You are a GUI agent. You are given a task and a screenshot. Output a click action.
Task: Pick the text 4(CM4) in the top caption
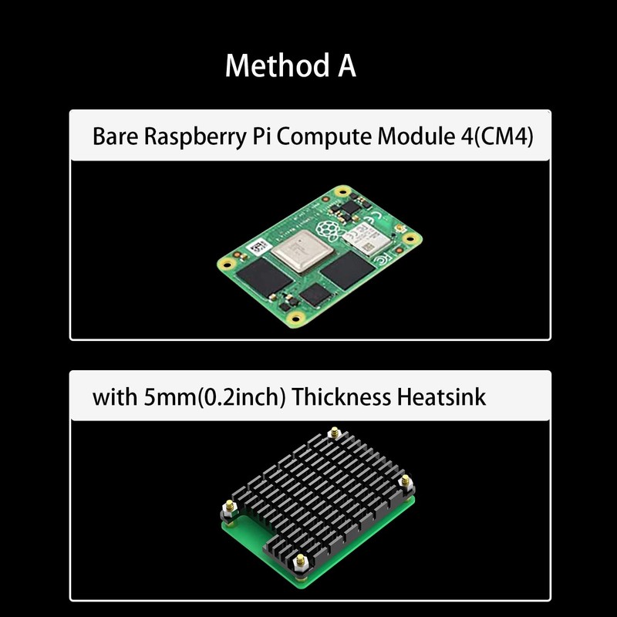[x=501, y=138]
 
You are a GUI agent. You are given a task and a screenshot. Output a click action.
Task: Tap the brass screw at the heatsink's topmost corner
[x=334, y=433]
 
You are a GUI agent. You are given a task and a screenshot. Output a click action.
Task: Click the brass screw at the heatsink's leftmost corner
[x=229, y=510]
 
